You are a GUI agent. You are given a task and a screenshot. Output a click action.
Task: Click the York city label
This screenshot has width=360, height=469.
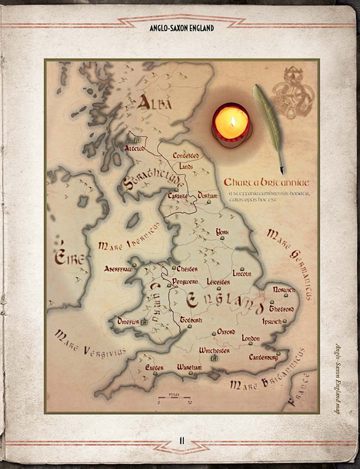(x=222, y=232)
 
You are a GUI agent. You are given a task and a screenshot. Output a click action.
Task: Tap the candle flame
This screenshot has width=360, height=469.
(x=232, y=121)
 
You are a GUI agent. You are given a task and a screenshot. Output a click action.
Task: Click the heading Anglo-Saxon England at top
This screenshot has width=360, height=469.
(x=181, y=28)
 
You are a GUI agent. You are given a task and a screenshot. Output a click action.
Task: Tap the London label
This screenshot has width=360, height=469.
(x=251, y=338)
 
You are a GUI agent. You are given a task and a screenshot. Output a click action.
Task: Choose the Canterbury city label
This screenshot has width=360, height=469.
(x=264, y=357)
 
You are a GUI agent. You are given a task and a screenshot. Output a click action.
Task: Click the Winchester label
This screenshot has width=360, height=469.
(x=214, y=351)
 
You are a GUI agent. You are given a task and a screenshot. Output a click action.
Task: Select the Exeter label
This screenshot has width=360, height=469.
(x=154, y=367)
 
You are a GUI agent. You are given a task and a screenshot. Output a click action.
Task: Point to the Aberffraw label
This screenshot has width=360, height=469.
(x=118, y=269)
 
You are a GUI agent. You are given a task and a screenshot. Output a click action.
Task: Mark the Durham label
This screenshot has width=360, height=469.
(x=208, y=195)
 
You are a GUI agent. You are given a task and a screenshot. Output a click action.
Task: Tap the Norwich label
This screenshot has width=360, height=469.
(x=284, y=290)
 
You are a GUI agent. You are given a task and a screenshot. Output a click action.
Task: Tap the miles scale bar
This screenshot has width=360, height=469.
(x=174, y=399)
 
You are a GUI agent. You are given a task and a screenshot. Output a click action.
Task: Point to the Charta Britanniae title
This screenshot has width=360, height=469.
(x=266, y=182)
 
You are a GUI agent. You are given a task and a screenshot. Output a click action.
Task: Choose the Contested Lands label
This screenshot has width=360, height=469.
(x=185, y=161)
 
